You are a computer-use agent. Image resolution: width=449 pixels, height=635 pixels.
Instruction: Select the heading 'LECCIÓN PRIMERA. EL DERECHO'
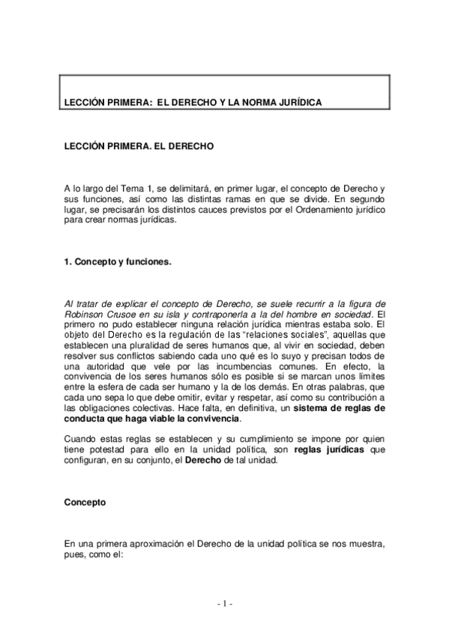[x=139, y=148]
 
